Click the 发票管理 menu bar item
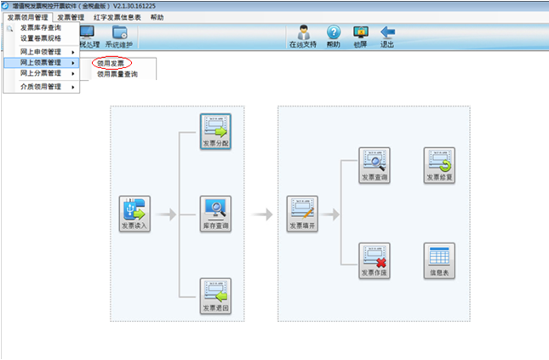point(71,17)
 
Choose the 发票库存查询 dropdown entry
point(40,28)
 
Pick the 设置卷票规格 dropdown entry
point(40,38)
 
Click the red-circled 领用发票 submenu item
point(111,63)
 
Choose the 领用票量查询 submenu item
point(117,75)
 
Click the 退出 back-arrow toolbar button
point(387,37)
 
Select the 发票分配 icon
point(215,132)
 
